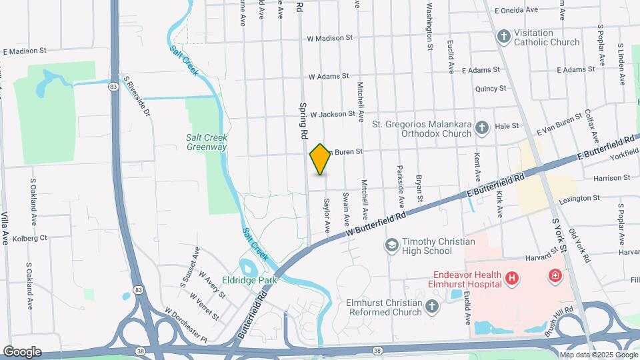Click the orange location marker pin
[x=321, y=159]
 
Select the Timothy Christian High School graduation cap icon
[x=391, y=246]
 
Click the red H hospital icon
[x=512, y=277]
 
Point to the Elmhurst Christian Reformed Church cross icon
[x=432, y=307]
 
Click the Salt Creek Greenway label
[x=207, y=142]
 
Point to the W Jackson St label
[x=332, y=114]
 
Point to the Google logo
[x=22, y=351]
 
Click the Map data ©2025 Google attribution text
[x=598, y=354]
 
